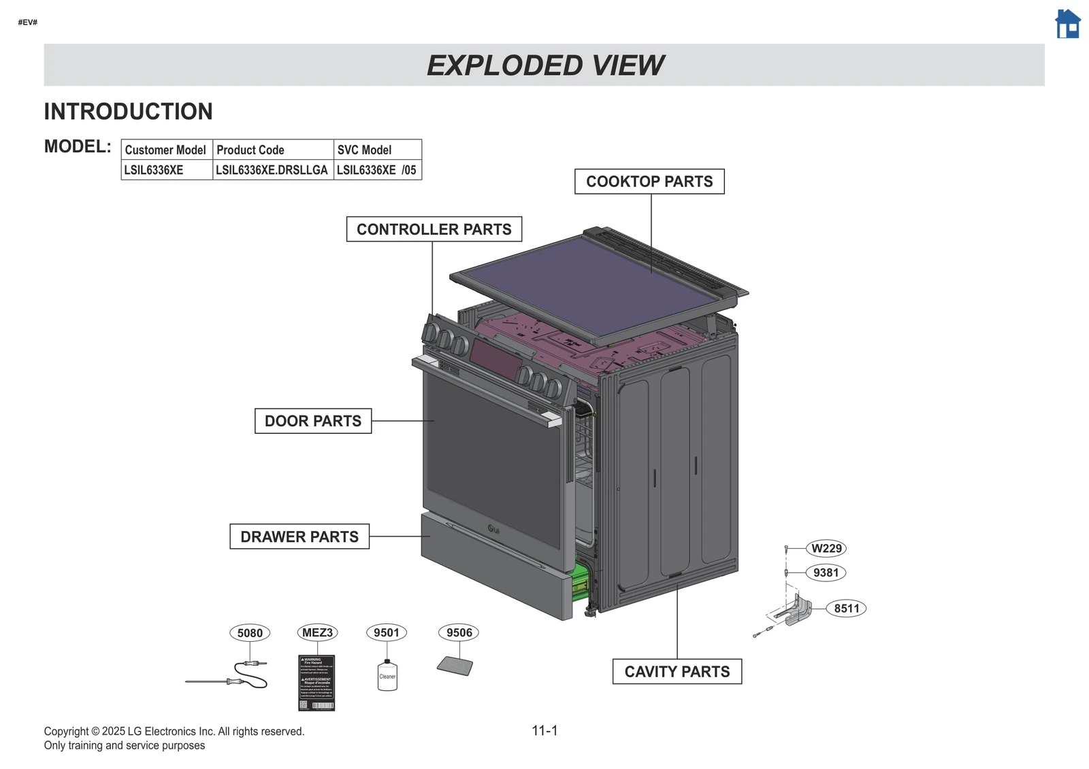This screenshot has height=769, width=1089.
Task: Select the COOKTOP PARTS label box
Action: [x=649, y=182]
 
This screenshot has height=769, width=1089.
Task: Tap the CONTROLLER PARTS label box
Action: [x=434, y=229]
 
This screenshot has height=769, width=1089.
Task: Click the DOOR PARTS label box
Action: [x=313, y=421]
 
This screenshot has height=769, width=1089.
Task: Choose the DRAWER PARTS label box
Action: [x=299, y=536]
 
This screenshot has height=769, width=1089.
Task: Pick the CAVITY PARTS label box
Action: [x=677, y=671]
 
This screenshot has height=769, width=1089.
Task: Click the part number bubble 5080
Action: [x=250, y=633]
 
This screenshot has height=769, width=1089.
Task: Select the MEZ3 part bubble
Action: [x=317, y=632]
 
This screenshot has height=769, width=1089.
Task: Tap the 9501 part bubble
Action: [x=387, y=632]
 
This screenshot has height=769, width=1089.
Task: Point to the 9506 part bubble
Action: [x=459, y=632]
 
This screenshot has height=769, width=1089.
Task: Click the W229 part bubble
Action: [x=826, y=548]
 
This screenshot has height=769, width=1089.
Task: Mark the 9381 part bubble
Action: [x=826, y=573]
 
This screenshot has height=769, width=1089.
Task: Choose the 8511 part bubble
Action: [x=846, y=608]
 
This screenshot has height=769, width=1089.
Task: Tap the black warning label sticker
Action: [x=316, y=683]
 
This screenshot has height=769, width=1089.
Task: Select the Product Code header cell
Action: [x=273, y=150]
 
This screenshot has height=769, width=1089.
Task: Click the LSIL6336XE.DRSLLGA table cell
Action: [x=272, y=170]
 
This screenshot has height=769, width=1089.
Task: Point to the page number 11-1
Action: [x=544, y=730]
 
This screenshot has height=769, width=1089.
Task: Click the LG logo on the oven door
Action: [x=493, y=529]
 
